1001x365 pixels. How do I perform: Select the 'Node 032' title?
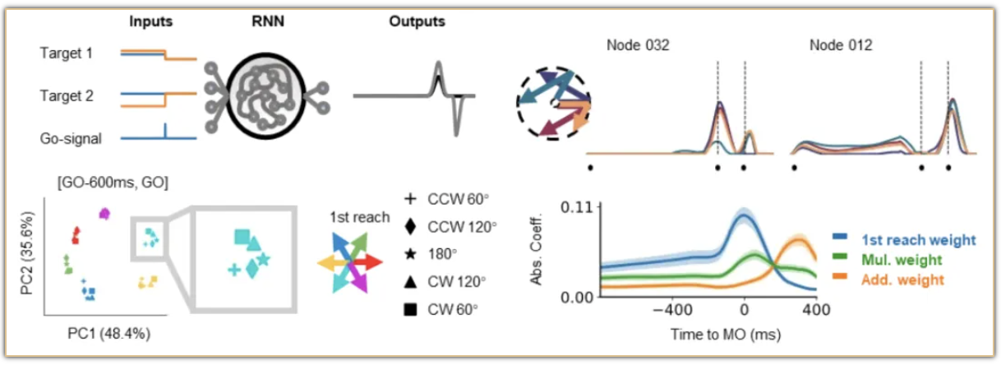(639, 46)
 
